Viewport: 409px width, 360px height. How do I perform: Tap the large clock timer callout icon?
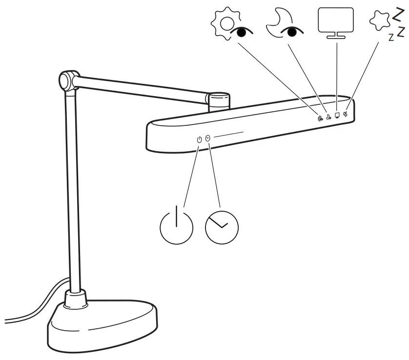[x=222, y=228]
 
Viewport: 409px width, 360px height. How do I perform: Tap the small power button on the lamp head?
[x=199, y=140]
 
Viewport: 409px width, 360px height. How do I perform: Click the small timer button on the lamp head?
[x=208, y=138]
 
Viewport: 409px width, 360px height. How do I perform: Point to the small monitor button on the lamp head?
[x=337, y=116]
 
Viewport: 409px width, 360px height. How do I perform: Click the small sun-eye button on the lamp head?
[x=320, y=118]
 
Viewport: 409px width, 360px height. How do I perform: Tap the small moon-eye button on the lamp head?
[x=329, y=117]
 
